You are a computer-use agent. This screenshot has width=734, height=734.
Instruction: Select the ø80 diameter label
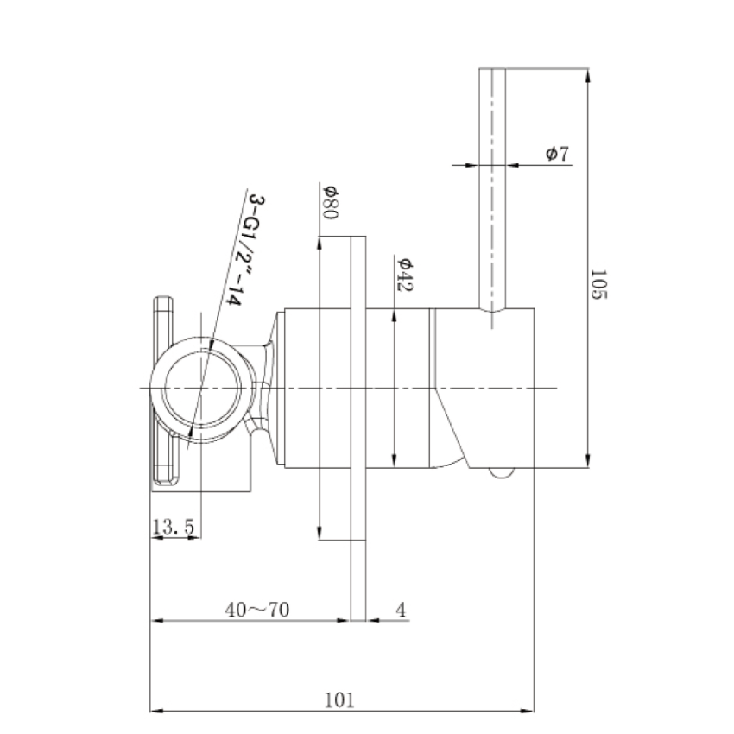(328, 202)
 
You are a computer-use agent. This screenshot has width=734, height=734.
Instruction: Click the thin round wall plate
(359, 389)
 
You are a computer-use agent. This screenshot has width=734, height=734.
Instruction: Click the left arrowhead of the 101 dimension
(158, 713)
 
